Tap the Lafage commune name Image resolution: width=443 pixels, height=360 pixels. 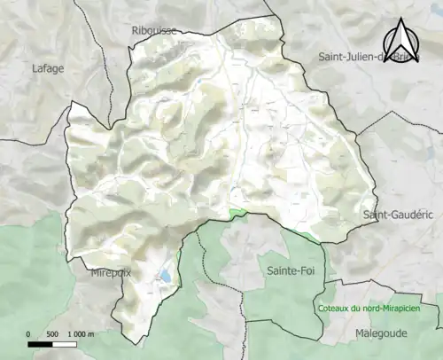[x=48, y=67]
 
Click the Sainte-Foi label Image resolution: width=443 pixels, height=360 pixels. [x=284, y=270]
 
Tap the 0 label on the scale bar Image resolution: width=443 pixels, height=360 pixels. [x=28, y=333]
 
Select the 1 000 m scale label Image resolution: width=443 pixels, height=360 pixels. [x=81, y=333]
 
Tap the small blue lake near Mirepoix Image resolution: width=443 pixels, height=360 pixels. [x=165, y=278]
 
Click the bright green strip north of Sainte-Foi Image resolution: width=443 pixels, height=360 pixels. [x=237, y=214]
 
